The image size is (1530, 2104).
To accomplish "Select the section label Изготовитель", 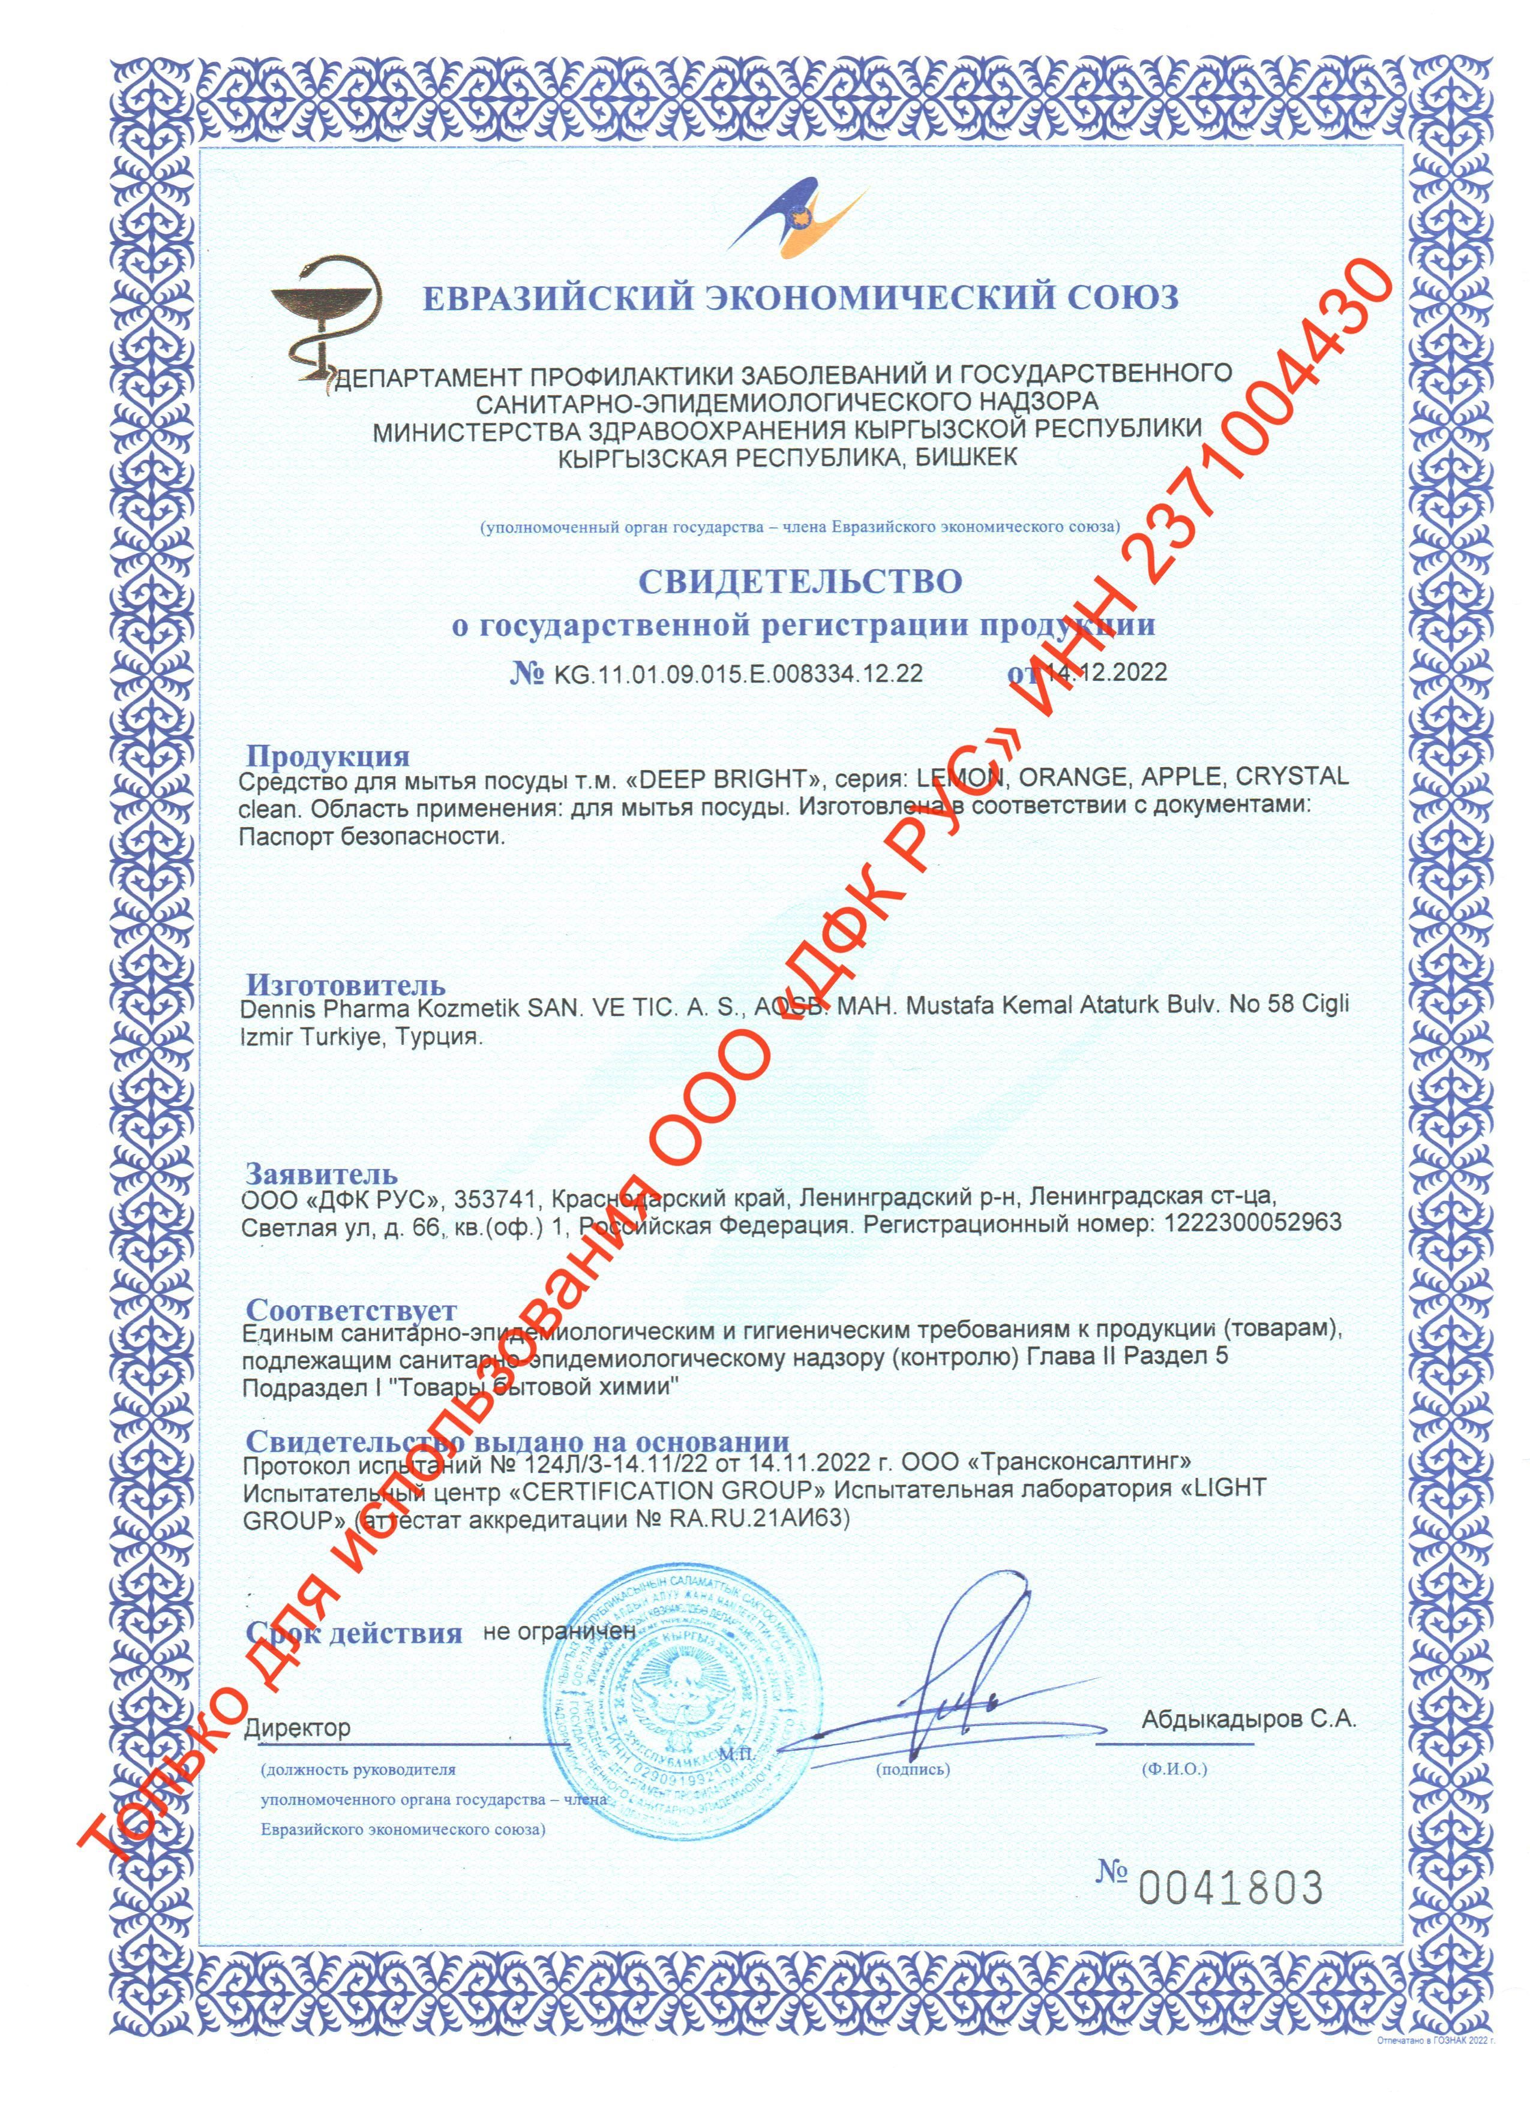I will tap(345, 984).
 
